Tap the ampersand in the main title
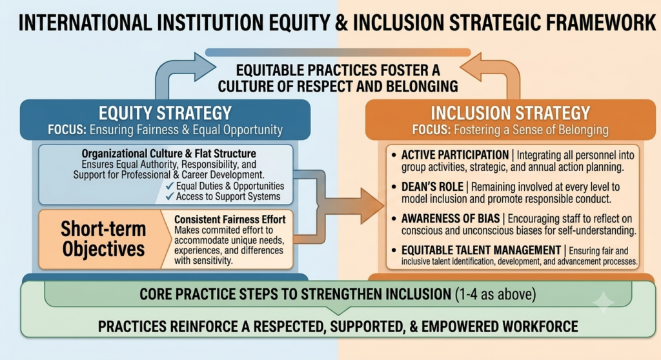tap(341, 23)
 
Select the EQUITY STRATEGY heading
tap(165, 113)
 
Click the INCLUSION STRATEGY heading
tap(510, 113)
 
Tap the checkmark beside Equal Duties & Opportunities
tap(170, 186)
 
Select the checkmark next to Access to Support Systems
tap(170, 196)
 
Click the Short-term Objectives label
tap(103, 239)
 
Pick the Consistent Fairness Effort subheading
tap(230, 219)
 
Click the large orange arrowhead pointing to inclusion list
tap(372, 206)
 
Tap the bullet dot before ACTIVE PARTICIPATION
tap(394, 155)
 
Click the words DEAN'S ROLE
tap(432, 186)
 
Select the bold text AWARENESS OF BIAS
tap(450, 218)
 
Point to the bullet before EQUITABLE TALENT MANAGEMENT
tap(394, 250)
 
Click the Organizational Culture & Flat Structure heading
tap(168, 154)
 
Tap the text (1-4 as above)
tap(496, 294)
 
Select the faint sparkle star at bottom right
tap(603, 302)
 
